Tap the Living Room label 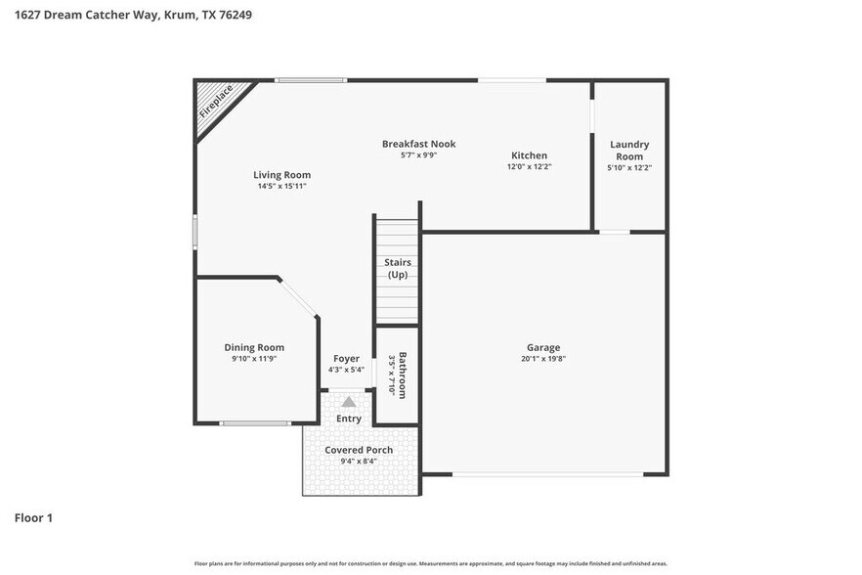pos(281,175)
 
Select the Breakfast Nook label pos(418,144)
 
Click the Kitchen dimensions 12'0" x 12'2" pos(529,167)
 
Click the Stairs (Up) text pos(397,268)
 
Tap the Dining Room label pos(254,347)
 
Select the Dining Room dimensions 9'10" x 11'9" pos(254,359)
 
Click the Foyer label pos(346,359)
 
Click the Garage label pos(543,347)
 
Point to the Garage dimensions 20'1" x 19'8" pos(543,359)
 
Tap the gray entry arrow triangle pos(349,401)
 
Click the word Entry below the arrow pos(349,419)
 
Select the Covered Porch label pos(359,450)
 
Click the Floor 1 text pos(33,517)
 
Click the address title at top pos(126,16)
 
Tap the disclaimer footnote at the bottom pos(430,563)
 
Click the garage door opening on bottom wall pos(547,475)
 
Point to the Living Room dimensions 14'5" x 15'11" pos(281,186)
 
